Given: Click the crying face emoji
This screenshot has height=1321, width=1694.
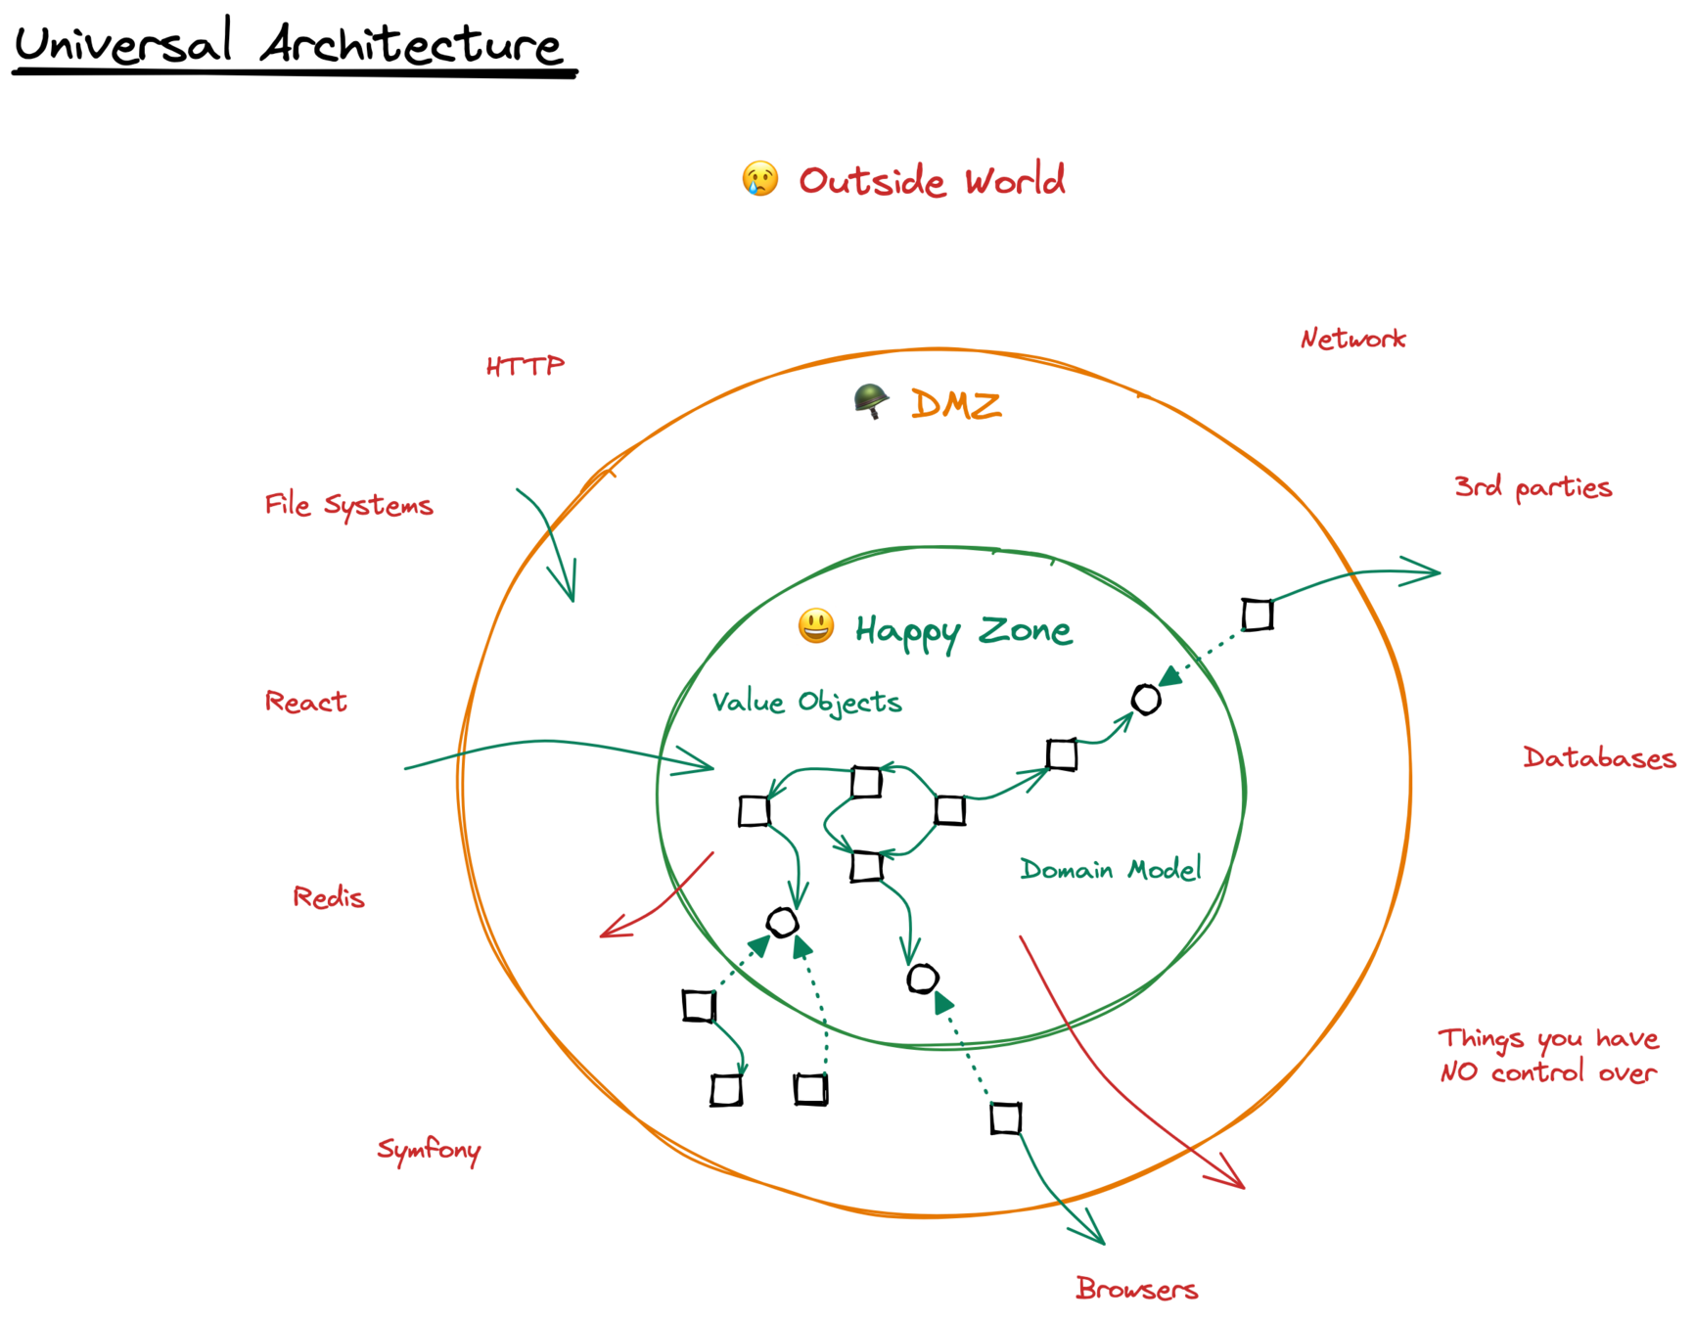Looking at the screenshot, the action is pyautogui.click(x=759, y=179).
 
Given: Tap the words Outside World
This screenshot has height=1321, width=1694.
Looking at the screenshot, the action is pyautogui.click(x=931, y=181).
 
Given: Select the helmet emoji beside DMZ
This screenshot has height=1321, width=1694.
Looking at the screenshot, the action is pyautogui.click(x=870, y=400).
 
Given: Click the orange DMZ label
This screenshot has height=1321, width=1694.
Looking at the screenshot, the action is pyautogui.click(x=955, y=404).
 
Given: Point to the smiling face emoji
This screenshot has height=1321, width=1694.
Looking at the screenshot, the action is pyautogui.click(x=815, y=626).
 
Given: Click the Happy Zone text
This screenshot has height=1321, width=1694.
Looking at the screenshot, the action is pyautogui.click(x=964, y=631).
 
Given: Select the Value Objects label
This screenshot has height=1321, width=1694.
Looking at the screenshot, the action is pyautogui.click(x=806, y=703).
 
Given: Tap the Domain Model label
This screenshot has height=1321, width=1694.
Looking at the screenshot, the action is pyautogui.click(x=1110, y=869).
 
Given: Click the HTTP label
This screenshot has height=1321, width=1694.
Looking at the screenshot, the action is pyautogui.click(x=525, y=366).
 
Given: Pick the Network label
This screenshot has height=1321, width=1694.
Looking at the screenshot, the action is pyautogui.click(x=1352, y=339).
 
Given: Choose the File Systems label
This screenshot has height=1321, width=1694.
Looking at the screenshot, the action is pyautogui.click(x=347, y=505).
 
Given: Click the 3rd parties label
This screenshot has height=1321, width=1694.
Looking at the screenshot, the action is pyautogui.click(x=1533, y=487).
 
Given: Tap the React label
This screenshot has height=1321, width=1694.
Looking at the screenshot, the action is pyautogui.click(x=305, y=702).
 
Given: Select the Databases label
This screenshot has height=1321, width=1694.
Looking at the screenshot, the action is pyautogui.click(x=1598, y=757).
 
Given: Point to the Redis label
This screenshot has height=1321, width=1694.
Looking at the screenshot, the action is pyautogui.click(x=328, y=896).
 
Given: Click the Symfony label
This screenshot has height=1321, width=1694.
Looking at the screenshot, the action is pyautogui.click(x=429, y=1150).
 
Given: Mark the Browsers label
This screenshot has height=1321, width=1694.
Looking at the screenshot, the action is pyautogui.click(x=1135, y=1289).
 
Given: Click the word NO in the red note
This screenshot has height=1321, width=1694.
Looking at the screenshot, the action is pyautogui.click(x=1458, y=1072).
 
